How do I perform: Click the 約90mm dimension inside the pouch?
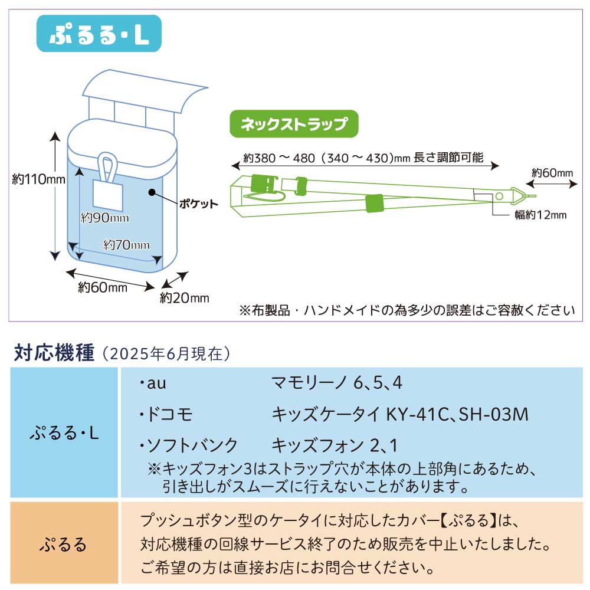pos(105,218)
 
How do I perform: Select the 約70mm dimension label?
pos(126,244)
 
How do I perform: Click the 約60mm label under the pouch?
pos(103,287)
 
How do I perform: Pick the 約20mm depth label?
pos(184,298)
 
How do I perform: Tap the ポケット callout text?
pos(198,204)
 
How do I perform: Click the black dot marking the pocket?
pos(152,192)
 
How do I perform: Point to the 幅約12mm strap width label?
pos(540,215)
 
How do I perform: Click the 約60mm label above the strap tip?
pos(552,173)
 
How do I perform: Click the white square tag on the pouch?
pos(107,195)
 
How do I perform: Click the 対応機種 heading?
pos(54,353)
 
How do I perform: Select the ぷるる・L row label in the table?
pos(64,435)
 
